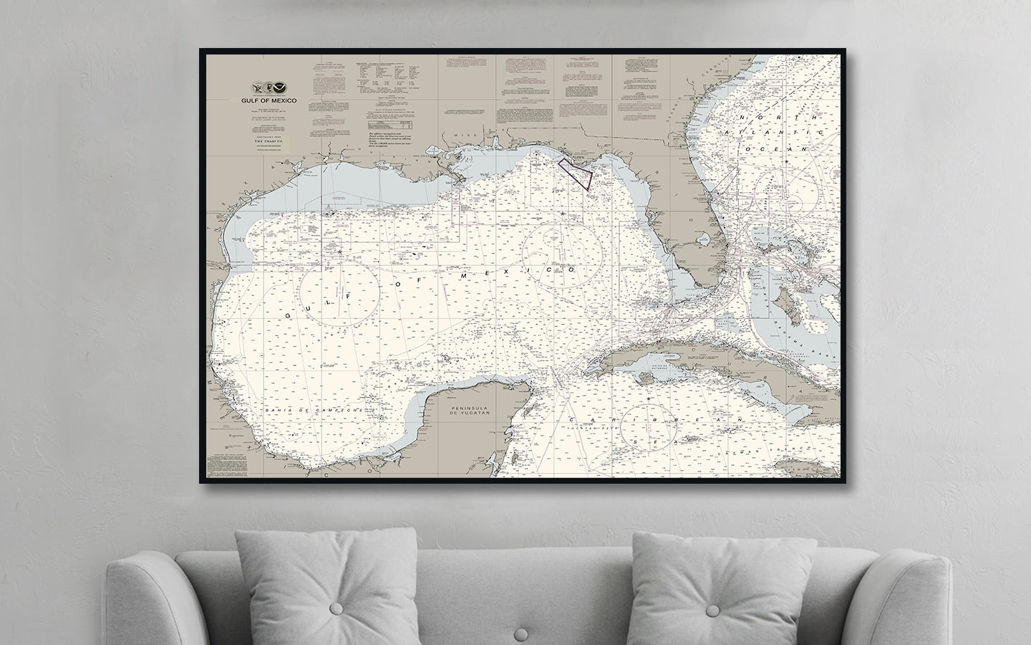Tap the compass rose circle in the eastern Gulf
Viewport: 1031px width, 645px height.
[x=559, y=257]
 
